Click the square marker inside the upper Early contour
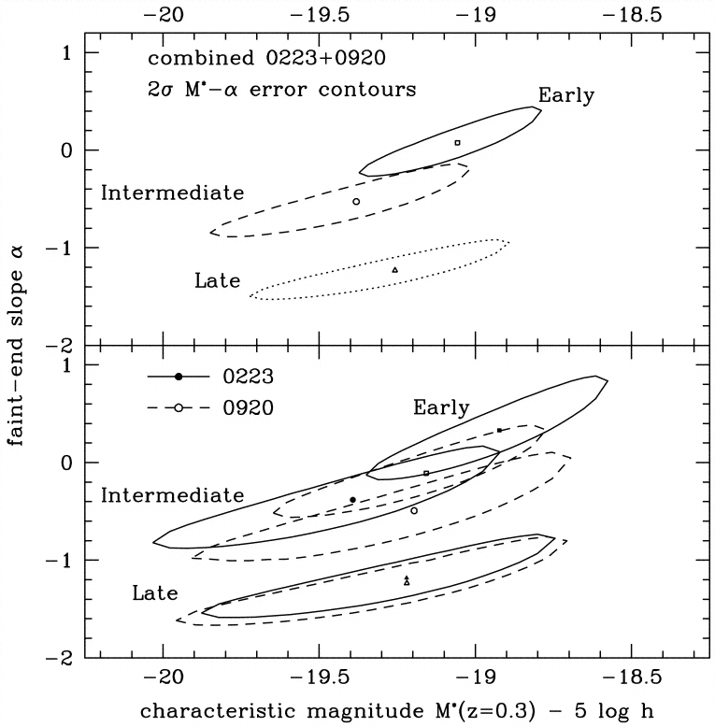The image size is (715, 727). [457, 143]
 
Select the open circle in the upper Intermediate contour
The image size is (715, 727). [356, 202]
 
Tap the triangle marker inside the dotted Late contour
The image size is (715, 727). [394, 270]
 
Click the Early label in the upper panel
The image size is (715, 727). [566, 95]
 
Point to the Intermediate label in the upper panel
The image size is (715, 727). [172, 193]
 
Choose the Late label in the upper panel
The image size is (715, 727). [217, 280]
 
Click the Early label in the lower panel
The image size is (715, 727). [441, 407]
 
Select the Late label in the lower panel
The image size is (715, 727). [155, 593]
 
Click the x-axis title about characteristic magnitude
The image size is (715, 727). [398, 709]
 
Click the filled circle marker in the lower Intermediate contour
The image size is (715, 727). [352, 500]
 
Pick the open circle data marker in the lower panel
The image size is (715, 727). [414, 511]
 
